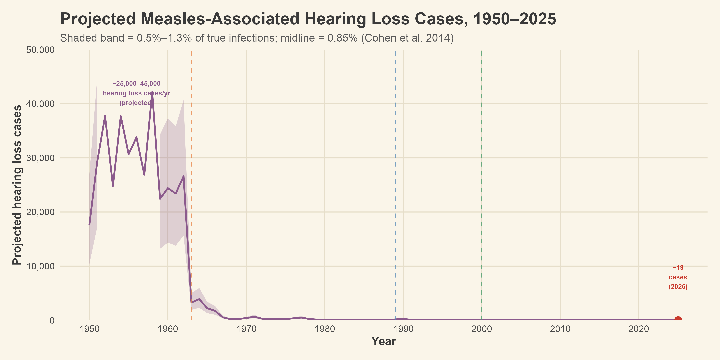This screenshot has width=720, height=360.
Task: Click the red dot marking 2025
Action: [x=678, y=320]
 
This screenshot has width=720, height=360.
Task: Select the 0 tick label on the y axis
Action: [x=52, y=320]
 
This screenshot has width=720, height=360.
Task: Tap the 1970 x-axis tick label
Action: [x=246, y=329]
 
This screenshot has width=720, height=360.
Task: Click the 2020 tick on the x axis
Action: [x=639, y=329]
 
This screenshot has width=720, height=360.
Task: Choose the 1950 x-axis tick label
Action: [x=89, y=329]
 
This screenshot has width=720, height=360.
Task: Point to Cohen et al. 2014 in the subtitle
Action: [x=407, y=38]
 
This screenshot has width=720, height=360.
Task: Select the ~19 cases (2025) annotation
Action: [x=678, y=277]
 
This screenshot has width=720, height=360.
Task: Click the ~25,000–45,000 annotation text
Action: [x=136, y=84]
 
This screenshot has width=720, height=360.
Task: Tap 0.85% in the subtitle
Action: [x=342, y=38]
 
